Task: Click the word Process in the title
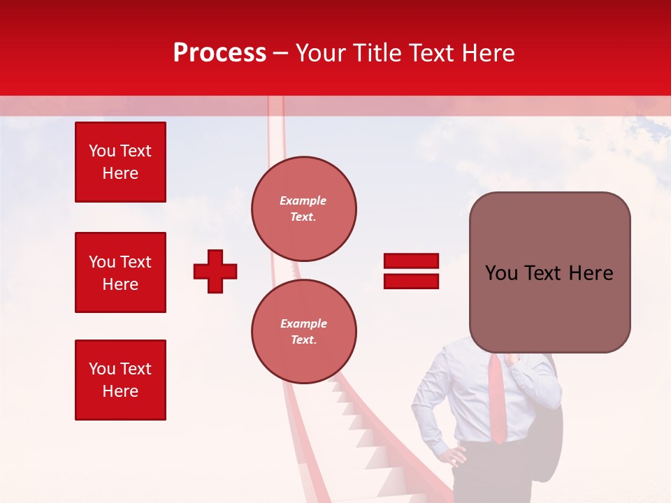219,53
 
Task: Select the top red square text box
120,162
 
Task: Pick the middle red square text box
120,272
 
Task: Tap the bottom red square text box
120,380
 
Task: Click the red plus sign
215,271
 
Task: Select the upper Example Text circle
303,209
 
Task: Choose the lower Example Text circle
303,332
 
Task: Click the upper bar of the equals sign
411,261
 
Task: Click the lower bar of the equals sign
411,281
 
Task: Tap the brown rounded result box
549,272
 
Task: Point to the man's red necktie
497,398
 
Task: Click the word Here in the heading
486,53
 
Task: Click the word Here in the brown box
591,273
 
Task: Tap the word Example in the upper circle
303,201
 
